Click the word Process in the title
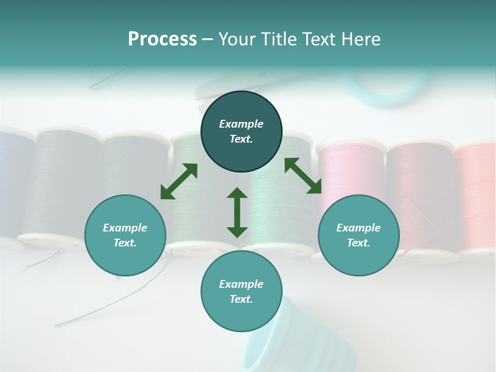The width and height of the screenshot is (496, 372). (162, 39)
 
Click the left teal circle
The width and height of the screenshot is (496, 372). (125, 235)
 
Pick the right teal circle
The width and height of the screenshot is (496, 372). (359, 235)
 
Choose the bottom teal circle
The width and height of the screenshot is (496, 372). (241, 291)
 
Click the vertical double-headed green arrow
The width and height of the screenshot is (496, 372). (237, 212)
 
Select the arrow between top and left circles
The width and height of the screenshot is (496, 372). (179, 181)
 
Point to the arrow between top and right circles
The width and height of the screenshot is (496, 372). (303, 176)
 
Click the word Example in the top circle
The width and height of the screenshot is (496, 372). (241, 124)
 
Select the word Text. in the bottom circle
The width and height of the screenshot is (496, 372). (241, 299)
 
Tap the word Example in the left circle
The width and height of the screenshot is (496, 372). (125, 228)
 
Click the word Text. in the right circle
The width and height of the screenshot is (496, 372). (359, 243)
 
